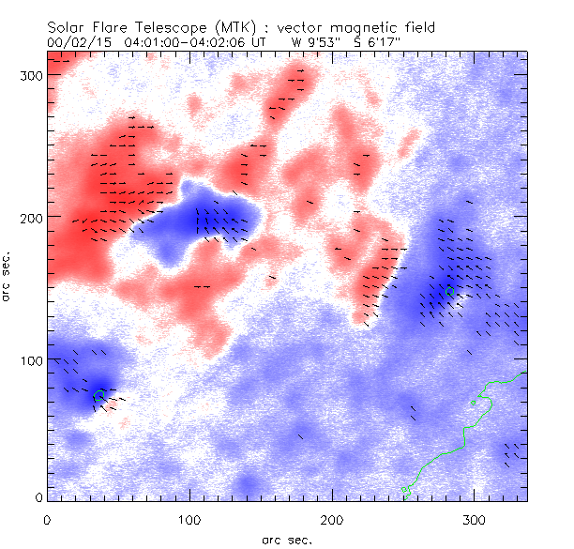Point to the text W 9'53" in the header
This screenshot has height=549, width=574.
pos(313,42)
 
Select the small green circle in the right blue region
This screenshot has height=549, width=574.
pos(449,291)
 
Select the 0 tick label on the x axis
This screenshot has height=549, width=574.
pos(47,519)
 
